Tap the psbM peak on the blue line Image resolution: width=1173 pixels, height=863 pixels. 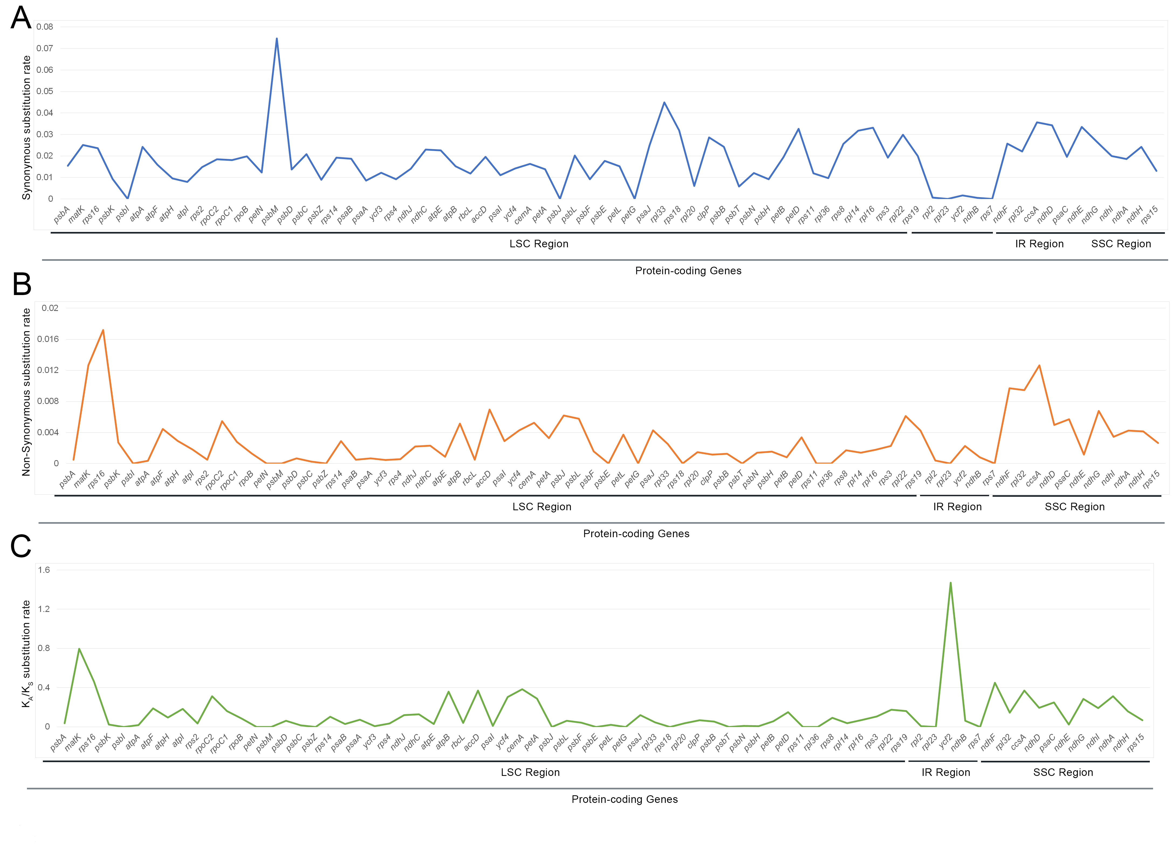point(276,39)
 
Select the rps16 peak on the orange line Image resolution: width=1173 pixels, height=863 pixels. point(103,330)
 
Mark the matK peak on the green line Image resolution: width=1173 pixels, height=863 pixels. point(79,649)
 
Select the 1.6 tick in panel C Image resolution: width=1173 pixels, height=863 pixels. point(44,570)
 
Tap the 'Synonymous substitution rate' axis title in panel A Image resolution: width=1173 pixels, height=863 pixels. point(26,128)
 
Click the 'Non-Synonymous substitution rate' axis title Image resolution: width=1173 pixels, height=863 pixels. point(26,392)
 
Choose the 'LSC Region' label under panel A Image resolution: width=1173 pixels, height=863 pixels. point(539,244)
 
